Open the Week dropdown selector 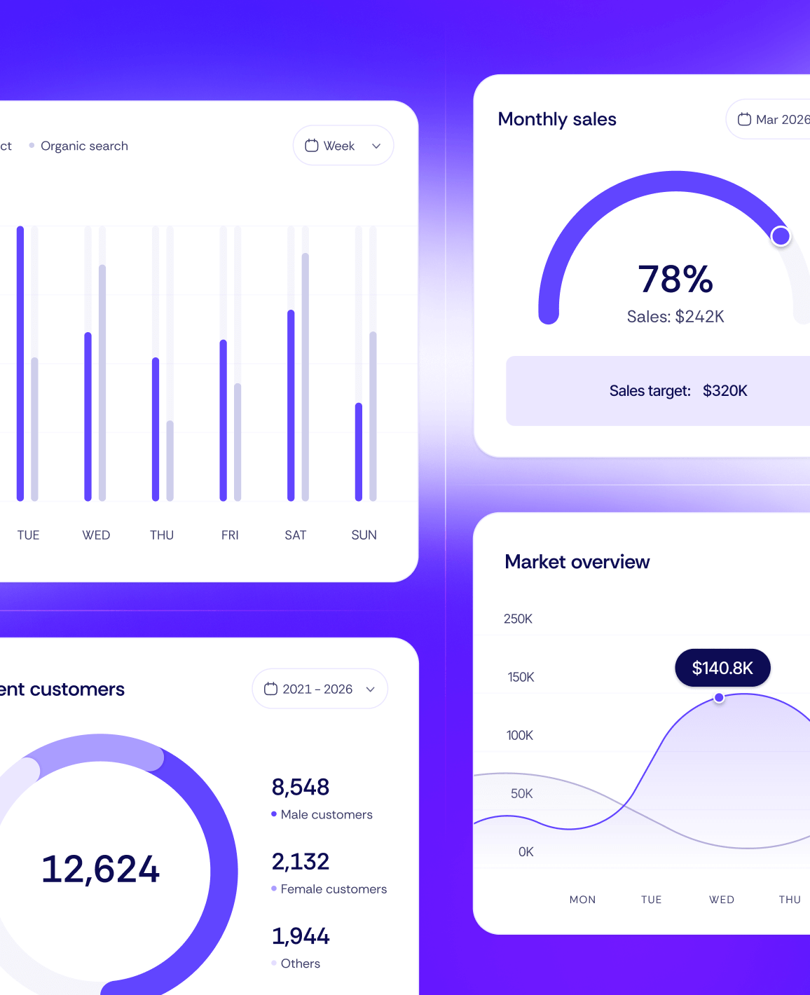(x=343, y=146)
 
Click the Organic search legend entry (x=83, y=146)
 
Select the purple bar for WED (x=88, y=416)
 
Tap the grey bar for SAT (x=306, y=376)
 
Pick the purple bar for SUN (x=359, y=452)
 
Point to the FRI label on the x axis (x=230, y=535)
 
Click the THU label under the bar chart (x=162, y=535)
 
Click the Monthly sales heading (x=557, y=119)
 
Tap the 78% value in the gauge (x=675, y=279)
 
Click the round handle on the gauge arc (x=781, y=236)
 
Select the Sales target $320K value (x=725, y=391)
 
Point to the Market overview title (x=577, y=562)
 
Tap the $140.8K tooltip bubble (x=722, y=668)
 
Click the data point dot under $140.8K (x=719, y=698)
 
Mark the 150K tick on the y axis (x=521, y=677)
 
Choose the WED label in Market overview (x=722, y=900)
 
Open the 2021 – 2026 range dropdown (x=320, y=689)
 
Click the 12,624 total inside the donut (x=100, y=869)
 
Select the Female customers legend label (x=334, y=889)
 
